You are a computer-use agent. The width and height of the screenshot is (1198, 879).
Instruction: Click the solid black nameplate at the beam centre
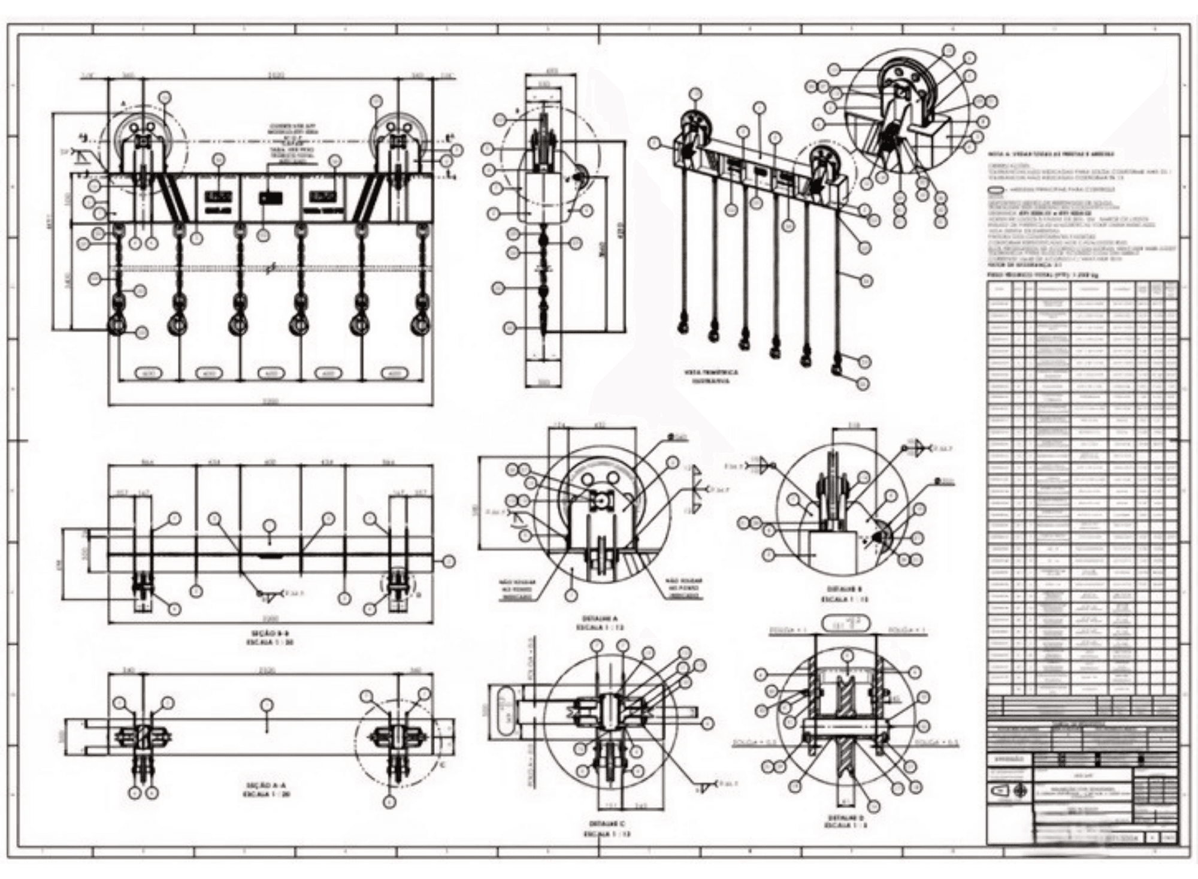point(269,197)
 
